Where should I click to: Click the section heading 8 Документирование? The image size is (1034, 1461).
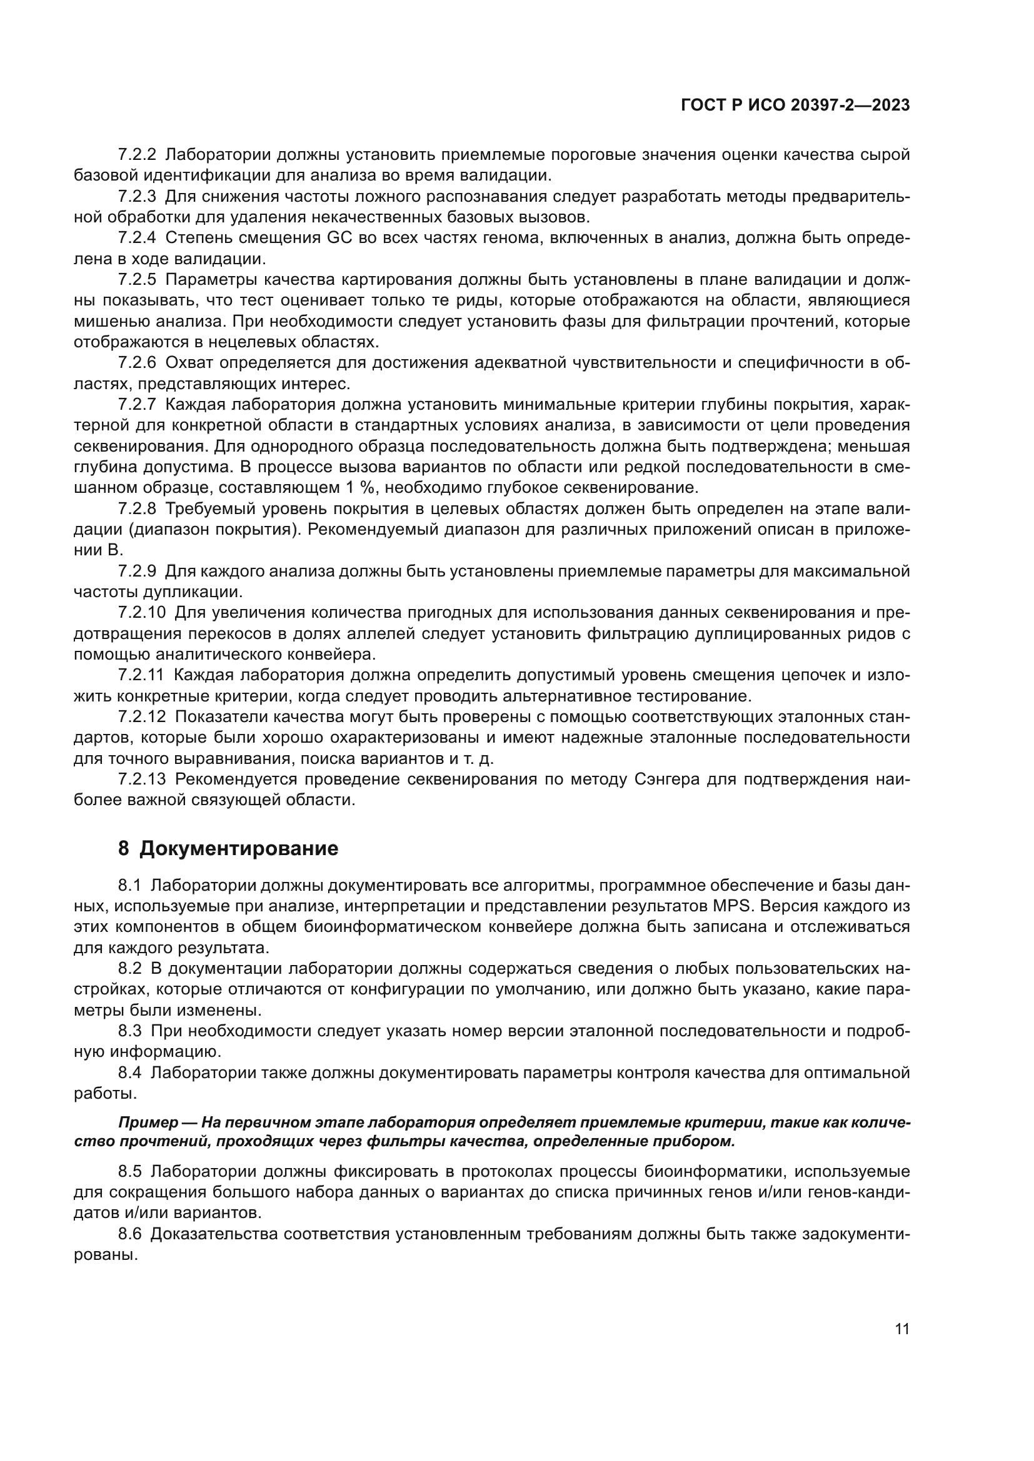pos(228,849)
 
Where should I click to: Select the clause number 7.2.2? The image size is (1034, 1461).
pos(137,154)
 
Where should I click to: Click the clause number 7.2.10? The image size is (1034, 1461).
pos(141,612)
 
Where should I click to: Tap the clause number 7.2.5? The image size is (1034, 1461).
pos(137,279)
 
